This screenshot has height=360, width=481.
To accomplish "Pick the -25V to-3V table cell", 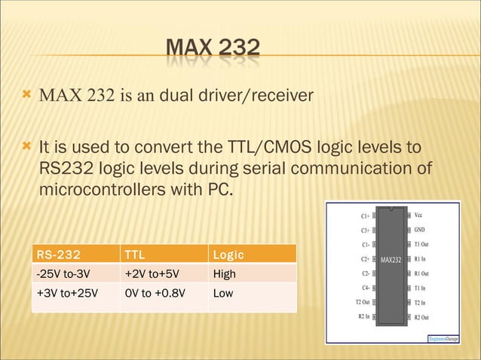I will [x=64, y=273].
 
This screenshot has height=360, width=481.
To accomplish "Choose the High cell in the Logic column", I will [x=225, y=273].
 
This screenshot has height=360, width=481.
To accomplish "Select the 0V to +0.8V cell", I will [x=154, y=293].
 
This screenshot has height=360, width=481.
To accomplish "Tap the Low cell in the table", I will [x=223, y=293].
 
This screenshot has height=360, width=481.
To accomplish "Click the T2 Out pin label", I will [x=362, y=302].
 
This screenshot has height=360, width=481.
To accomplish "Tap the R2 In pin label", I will [x=363, y=316].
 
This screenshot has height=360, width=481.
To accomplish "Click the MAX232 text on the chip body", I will [x=391, y=261].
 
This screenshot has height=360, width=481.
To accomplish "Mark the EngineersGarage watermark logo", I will [x=443, y=339].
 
